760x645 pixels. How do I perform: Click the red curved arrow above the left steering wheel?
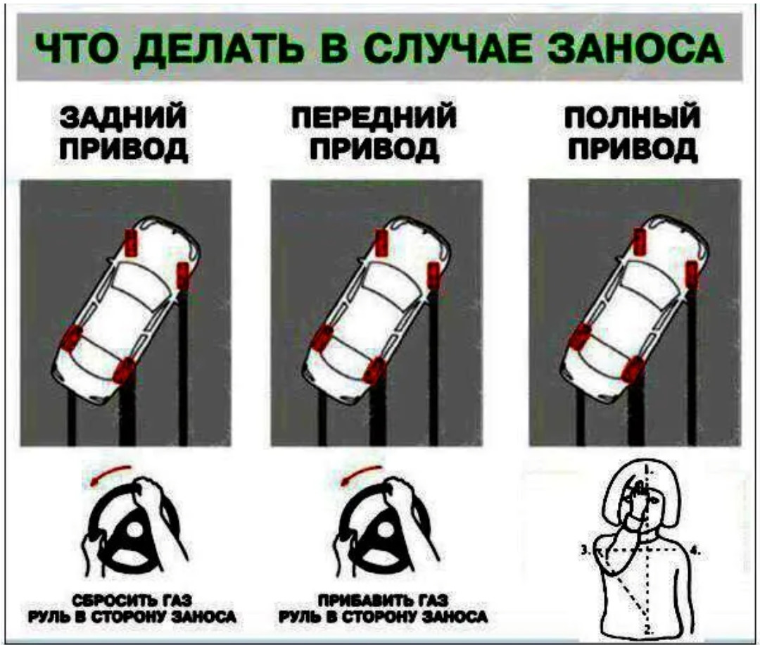(x=109, y=473)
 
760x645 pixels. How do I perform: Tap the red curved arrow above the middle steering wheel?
(x=361, y=473)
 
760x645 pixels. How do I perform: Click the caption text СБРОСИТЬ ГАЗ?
(x=132, y=601)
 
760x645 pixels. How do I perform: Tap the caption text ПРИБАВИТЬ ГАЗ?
(x=383, y=601)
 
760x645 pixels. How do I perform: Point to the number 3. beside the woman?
(x=585, y=550)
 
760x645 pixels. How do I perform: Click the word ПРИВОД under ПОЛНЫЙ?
(x=633, y=149)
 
